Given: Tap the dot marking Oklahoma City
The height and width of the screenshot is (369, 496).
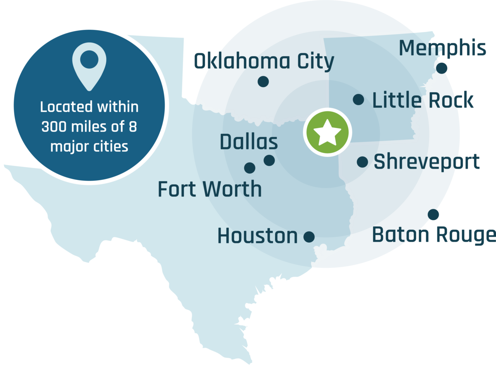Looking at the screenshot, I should point(263,81).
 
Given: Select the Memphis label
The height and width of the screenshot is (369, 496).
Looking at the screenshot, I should point(442,48).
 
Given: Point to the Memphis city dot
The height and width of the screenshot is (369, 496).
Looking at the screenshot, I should point(442,69).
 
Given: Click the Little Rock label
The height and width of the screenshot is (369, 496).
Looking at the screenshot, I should point(423,100).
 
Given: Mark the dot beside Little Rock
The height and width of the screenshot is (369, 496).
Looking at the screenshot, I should point(358,100).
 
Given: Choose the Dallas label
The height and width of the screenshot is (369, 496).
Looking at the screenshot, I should point(249,142).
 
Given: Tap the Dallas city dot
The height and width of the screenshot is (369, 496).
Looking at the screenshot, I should point(269,160).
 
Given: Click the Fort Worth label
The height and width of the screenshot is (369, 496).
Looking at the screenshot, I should point(210,189).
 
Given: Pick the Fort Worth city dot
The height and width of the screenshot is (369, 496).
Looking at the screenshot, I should point(250,168).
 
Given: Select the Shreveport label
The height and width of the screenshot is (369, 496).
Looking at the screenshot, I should point(427,162).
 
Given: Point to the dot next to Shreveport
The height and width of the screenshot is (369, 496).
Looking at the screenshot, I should point(362,162).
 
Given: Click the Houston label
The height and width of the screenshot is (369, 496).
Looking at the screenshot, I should point(257,236).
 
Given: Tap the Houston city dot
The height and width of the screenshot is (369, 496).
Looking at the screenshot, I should point(309,236).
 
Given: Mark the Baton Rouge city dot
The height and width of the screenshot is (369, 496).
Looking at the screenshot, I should point(433,214).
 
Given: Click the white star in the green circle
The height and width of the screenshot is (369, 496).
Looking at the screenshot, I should point(327,132).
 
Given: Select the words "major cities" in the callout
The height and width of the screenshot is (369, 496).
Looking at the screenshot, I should point(89,147).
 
